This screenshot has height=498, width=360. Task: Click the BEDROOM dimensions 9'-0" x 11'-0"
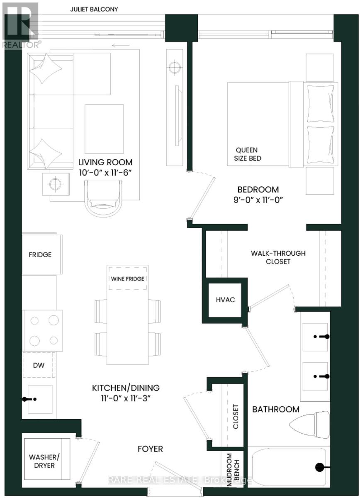(261, 199)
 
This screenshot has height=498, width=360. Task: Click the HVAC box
(225, 300)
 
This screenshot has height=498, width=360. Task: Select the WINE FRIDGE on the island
(127, 279)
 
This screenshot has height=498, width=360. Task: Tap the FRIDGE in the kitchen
(40, 254)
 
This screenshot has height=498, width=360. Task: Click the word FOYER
(150, 449)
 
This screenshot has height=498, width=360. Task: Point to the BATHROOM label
(276, 409)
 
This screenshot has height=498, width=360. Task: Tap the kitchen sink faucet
(29, 399)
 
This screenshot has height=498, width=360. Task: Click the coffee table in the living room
(104, 129)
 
